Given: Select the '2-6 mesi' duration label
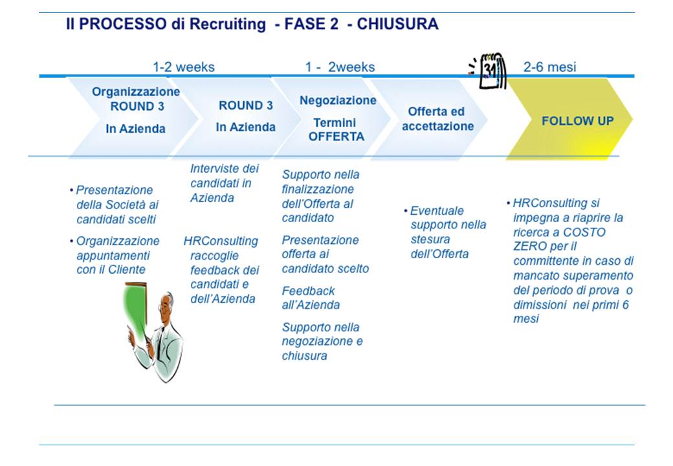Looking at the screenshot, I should (x=549, y=67).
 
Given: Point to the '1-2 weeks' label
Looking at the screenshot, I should (x=184, y=67).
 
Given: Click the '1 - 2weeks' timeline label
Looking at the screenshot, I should (x=340, y=67).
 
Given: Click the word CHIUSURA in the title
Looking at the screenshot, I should (x=397, y=25).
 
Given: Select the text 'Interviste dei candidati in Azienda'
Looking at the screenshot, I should (x=224, y=183).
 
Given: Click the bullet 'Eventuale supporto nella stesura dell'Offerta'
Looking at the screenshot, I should (x=447, y=232).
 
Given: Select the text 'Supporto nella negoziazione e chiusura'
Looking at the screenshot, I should (x=322, y=341).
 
